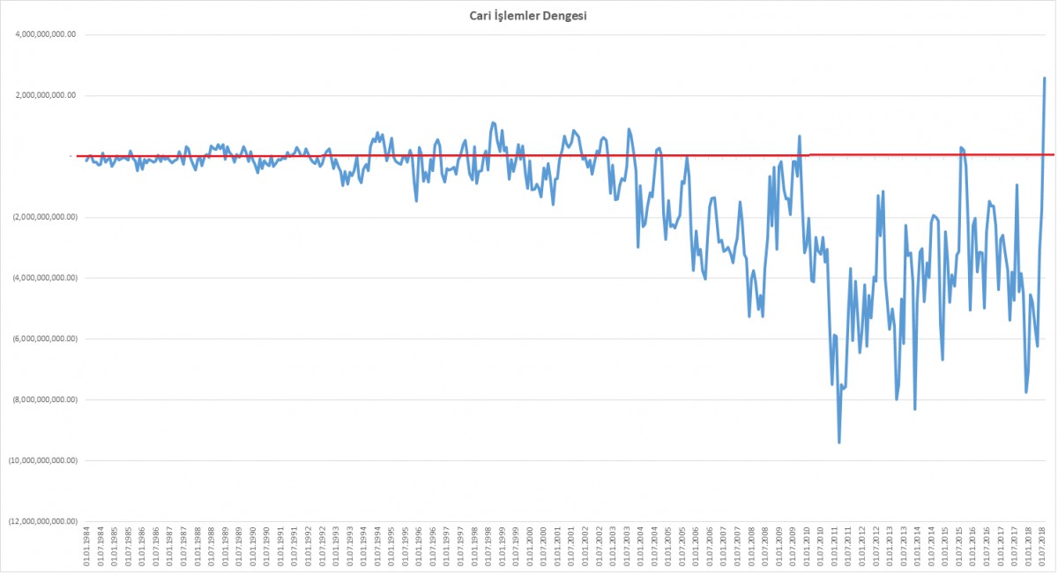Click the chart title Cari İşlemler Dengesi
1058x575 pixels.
[528, 16]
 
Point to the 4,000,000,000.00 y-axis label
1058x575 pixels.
[42, 34]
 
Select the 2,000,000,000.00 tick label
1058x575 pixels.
[42, 95]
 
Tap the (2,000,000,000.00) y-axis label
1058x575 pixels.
[41, 217]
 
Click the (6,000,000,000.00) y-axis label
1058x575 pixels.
[41, 339]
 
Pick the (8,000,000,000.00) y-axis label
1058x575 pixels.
[41, 400]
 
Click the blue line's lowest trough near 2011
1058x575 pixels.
[839, 442]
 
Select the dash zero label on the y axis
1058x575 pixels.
[71, 156]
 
